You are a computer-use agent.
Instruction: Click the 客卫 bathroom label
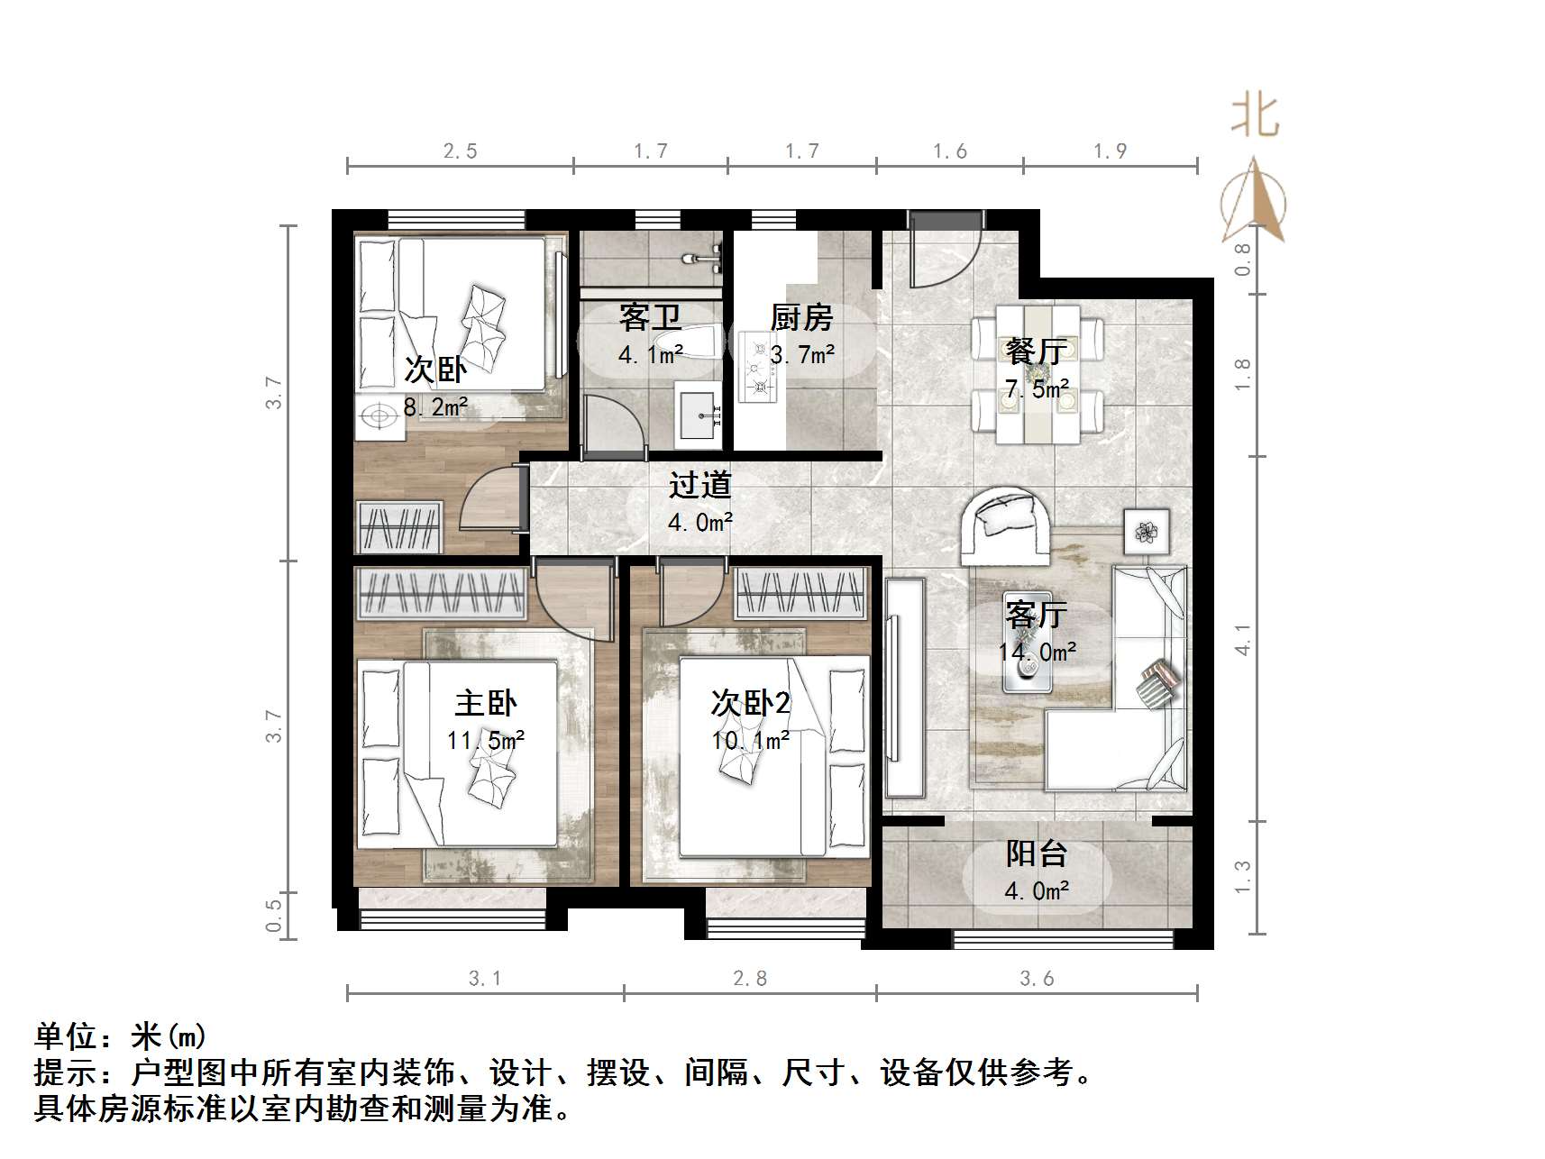click(x=649, y=317)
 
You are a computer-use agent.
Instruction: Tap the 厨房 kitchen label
click(x=801, y=317)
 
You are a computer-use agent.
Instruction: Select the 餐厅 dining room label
click(x=1037, y=351)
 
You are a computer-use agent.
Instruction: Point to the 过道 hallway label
click(x=699, y=486)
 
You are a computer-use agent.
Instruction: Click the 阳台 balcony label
click(x=1037, y=853)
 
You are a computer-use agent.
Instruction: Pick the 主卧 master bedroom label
click(x=486, y=703)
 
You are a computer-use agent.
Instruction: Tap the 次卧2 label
click(x=750, y=703)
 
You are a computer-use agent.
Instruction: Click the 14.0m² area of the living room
click(x=1037, y=652)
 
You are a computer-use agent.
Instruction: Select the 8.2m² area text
click(x=435, y=407)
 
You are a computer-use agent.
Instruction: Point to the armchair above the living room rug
click(x=1004, y=525)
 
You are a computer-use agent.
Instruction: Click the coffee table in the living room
click(x=1028, y=667)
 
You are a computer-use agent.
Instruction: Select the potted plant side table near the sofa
click(x=1146, y=532)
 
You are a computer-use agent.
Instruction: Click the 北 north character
click(x=1255, y=117)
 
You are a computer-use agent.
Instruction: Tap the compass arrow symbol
click(x=1254, y=203)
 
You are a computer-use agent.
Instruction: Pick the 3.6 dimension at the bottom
click(x=1037, y=978)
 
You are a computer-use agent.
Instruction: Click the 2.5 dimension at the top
click(x=460, y=151)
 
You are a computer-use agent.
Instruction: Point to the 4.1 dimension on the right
click(x=1243, y=639)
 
